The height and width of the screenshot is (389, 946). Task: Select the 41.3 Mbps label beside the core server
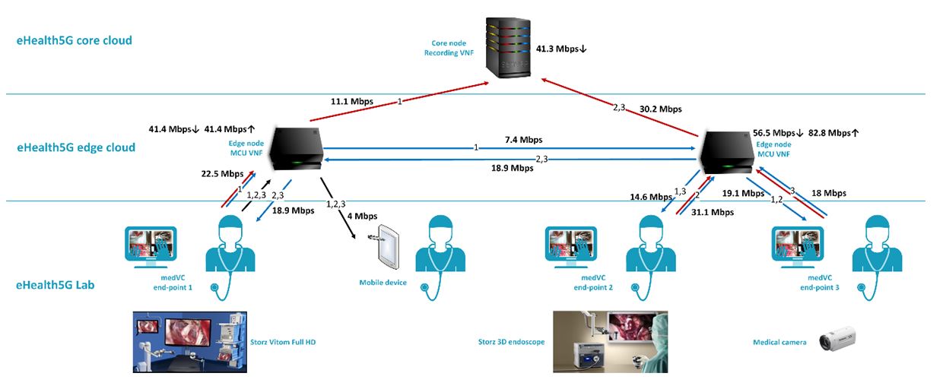[x=562, y=49]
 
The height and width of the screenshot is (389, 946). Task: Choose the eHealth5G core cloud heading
[x=75, y=40]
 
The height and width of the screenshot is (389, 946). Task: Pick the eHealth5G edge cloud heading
[x=76, y=147]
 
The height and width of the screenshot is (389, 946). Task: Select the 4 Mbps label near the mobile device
[x=362, y=216]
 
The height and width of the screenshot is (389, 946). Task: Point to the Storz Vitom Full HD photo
[x=190, y=340]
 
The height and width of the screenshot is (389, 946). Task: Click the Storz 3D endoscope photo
[x=610, y=340]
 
